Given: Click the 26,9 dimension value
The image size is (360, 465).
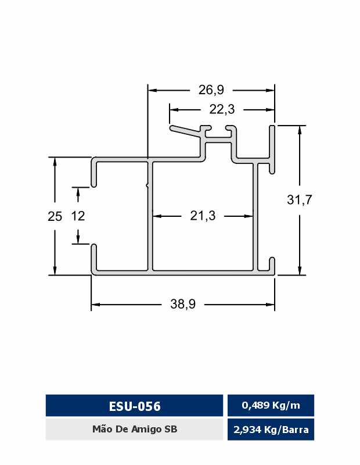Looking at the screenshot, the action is pos(211,90).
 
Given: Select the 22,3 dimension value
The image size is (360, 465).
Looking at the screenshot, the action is pos(222,109).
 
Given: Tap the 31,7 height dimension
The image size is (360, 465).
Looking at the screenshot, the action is pos(299,200).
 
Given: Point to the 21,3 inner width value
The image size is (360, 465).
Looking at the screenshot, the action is pos(203,216).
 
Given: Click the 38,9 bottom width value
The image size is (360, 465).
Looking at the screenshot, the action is pos(183,304).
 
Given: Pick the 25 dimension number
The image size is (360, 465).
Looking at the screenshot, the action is pos(55,216).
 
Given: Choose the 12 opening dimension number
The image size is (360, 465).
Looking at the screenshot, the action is pos(78,216).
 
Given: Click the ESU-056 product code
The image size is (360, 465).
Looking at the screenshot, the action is pos(135,406).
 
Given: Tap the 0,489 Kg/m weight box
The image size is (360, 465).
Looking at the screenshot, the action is pos(271,405).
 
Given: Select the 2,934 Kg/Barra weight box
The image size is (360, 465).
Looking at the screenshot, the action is pos(271,430).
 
